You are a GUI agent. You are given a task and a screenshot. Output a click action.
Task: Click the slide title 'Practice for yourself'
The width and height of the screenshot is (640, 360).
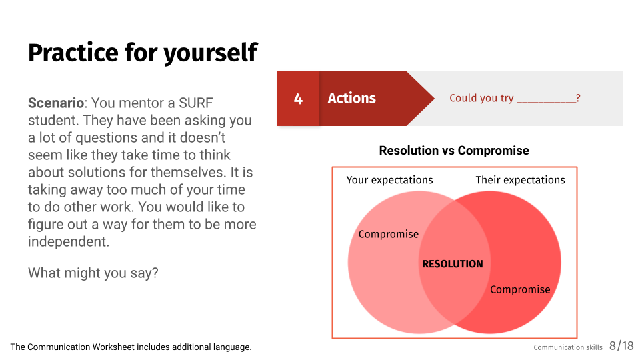[x=143, y=53]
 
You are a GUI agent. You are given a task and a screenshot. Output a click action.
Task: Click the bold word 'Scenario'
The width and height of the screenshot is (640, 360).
[x=56, y=103]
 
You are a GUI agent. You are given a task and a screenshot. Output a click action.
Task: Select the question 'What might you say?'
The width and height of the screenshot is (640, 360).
[x=93, y=273]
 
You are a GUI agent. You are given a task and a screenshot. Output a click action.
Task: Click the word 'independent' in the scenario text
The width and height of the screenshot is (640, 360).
[x=67, y=241]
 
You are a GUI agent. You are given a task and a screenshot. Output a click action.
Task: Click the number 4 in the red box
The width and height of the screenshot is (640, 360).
[x=299, y=99]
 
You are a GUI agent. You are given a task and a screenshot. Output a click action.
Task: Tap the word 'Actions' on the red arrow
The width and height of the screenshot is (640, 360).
[x=352, y=98]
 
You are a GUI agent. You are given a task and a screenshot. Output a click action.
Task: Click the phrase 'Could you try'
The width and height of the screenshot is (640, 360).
[x=481, y=98]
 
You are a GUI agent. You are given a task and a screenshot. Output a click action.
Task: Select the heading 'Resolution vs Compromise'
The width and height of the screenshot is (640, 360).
[x=454, y=150]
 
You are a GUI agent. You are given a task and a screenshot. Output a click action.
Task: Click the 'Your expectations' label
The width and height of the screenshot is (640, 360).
[x=389, y=180]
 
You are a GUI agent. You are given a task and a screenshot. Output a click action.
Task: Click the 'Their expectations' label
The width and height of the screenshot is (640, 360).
[x=521, y=180]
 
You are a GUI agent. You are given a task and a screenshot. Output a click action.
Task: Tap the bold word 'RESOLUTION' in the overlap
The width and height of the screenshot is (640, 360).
[x=452, y=264]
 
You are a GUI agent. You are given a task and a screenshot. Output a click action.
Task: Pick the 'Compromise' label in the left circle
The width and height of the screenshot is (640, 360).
[x=389, y=234]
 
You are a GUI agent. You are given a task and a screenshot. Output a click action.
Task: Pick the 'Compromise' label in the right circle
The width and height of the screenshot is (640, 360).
[x=520, y=290]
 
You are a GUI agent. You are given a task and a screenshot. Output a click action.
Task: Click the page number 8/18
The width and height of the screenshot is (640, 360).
[x=621, y=346]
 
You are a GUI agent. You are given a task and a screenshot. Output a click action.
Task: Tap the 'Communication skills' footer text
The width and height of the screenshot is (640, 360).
[x=568, y=347]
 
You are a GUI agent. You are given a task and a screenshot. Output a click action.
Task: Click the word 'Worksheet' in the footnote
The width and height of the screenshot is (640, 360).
[x=113, y=347]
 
